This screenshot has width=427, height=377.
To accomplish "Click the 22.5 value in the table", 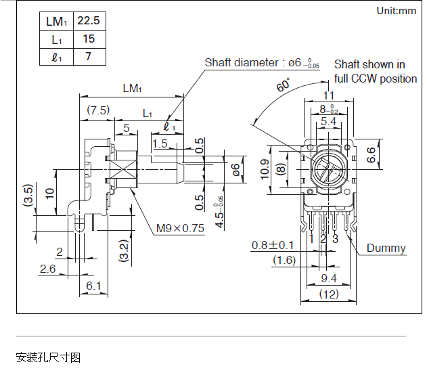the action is (x=89, y=21).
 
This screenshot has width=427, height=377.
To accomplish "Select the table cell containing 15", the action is (x=89, y=39).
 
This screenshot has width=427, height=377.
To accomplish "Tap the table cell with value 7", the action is (x=89, y=57).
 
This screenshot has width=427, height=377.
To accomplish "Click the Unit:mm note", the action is (x=397, y=11).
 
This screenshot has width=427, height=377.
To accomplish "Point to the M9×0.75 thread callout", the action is (x=180, y=228).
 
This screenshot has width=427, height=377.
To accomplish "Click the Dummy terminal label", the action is (x=386, y=248).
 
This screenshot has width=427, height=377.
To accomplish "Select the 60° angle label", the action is (x=284, y=85).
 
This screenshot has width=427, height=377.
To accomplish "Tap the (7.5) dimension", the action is (x=98, y=110).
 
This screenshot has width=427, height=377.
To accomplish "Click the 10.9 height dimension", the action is (x=265, y=169).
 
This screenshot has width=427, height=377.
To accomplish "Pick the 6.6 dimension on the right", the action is (x=371, y=155).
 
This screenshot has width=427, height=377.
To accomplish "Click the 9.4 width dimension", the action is (x=329, y=278).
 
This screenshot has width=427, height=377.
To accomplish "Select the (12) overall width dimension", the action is (x=329, y=294).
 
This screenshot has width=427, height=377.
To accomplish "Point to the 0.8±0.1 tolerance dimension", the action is (x=273, y=245).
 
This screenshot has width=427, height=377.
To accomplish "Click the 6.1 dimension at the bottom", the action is (x=93, y=286).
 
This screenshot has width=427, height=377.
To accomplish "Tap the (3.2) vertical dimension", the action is (x=124, y=251).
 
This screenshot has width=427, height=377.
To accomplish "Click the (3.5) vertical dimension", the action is (x=28, y=196).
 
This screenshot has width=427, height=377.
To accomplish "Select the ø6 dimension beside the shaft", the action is (x=236, y=169).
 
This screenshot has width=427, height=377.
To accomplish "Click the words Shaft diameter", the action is (x=242, y=63).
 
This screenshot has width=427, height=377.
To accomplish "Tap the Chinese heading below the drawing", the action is (x=48, y=357).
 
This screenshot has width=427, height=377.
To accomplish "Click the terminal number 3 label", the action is (x=335, y=239).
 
